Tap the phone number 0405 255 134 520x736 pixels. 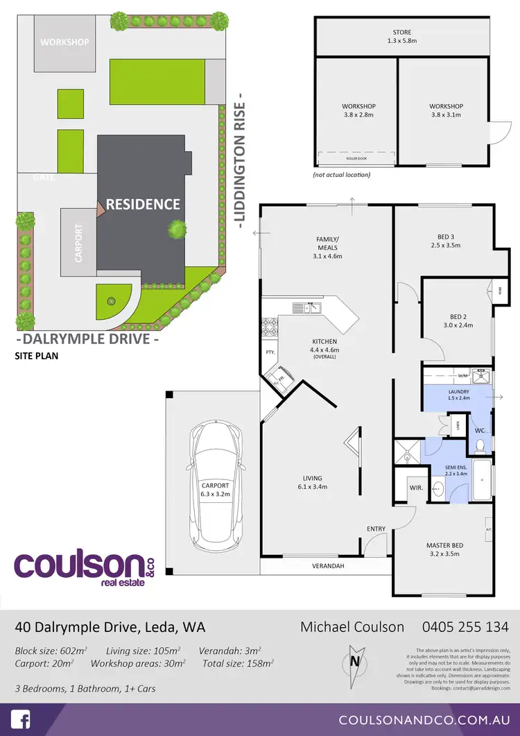(x=465, y=627)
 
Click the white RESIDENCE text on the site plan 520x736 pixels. (x=143, y=204)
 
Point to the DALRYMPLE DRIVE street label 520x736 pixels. (x=87, y=340)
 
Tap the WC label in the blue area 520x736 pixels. (x=480, y=431)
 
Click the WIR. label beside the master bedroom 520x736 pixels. (x=416, y=488)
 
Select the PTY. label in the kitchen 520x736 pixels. (x=270, y=352)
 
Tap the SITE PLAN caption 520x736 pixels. (x=37, y=357)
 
